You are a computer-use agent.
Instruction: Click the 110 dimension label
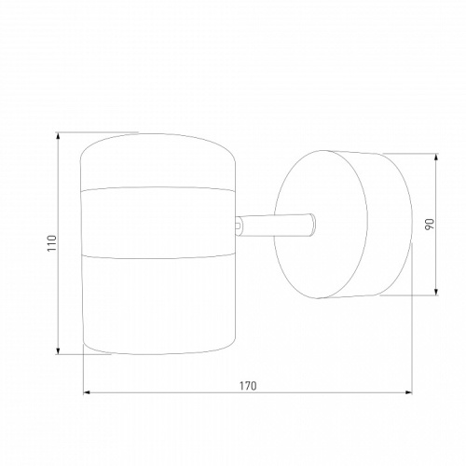(53, 243)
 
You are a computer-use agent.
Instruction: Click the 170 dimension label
(248, 386)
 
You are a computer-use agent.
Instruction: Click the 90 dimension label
(429, 224)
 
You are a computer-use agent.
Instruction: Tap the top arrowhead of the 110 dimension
(58, 136)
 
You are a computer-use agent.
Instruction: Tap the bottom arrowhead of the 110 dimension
(58, 350)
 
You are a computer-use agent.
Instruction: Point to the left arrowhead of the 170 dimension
(87, 392)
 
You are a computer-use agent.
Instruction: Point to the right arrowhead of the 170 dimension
(408, 392)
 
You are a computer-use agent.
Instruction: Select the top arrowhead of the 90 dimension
(436, 158)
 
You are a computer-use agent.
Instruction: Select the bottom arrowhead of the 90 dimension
(436, 292)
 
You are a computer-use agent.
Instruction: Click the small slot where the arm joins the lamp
(239, 226)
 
